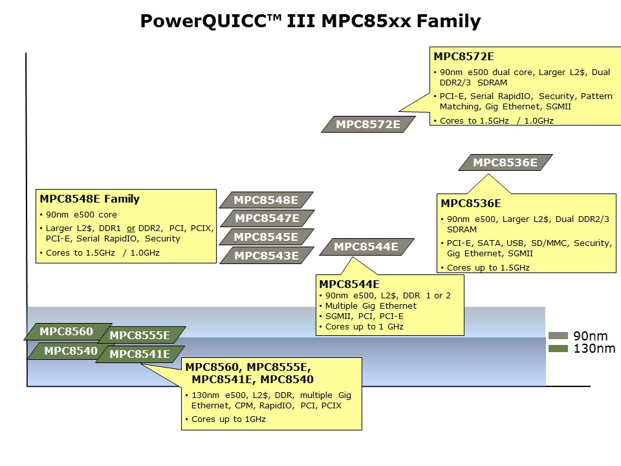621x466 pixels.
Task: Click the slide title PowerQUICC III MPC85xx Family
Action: tap(310, 21)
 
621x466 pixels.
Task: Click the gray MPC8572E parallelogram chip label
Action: tap(368, 124)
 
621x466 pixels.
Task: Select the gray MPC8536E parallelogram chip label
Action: tap(505, 162)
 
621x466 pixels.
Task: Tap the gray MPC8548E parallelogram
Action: tap(266, 200)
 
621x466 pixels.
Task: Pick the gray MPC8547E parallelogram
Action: tap(267, 218)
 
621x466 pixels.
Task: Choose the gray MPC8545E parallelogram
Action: tap(266, 237)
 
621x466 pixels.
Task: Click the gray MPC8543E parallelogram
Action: tap(266, 256)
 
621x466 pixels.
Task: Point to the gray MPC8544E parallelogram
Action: tap(366, 247)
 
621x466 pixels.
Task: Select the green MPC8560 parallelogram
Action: tap(66, 332)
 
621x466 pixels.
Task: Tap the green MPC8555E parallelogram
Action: tap(140, 335)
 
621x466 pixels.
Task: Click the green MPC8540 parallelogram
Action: tap(70, 351)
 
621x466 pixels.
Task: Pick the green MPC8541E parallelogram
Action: tap(139, 354)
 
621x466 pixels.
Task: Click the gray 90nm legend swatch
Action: tap(558, 336)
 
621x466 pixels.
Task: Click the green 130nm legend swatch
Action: tap(558, 349)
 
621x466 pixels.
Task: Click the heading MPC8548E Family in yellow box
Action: tap(89, 199)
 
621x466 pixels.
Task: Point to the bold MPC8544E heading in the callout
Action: tap(349, 284)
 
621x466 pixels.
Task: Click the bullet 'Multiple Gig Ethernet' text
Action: tap(371, 305)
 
